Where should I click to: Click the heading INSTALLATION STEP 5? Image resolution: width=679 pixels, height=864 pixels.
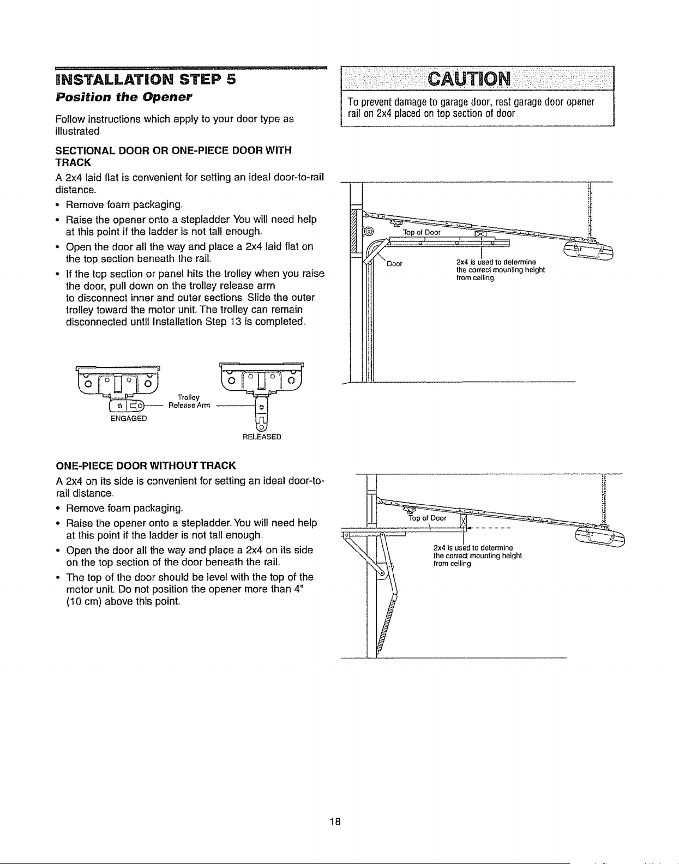point(146,79)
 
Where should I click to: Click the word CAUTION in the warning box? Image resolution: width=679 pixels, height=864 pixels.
point(470,79)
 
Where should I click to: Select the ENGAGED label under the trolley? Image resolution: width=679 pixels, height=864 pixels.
point(129,419)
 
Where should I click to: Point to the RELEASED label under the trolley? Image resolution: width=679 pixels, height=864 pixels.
point(262,437)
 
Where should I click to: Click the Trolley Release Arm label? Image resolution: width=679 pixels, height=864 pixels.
point(189,402)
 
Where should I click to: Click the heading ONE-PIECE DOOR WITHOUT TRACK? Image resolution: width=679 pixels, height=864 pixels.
point(146,466)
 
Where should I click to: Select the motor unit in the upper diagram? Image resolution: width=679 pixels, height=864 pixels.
point(589,251)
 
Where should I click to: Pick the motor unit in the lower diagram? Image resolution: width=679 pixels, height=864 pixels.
point(600,537)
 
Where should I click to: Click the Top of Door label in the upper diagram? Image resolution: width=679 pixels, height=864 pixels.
point(422,232)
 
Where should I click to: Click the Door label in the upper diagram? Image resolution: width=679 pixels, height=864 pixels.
point(395,264)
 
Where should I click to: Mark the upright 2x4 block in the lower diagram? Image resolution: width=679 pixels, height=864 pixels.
point(462,523)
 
